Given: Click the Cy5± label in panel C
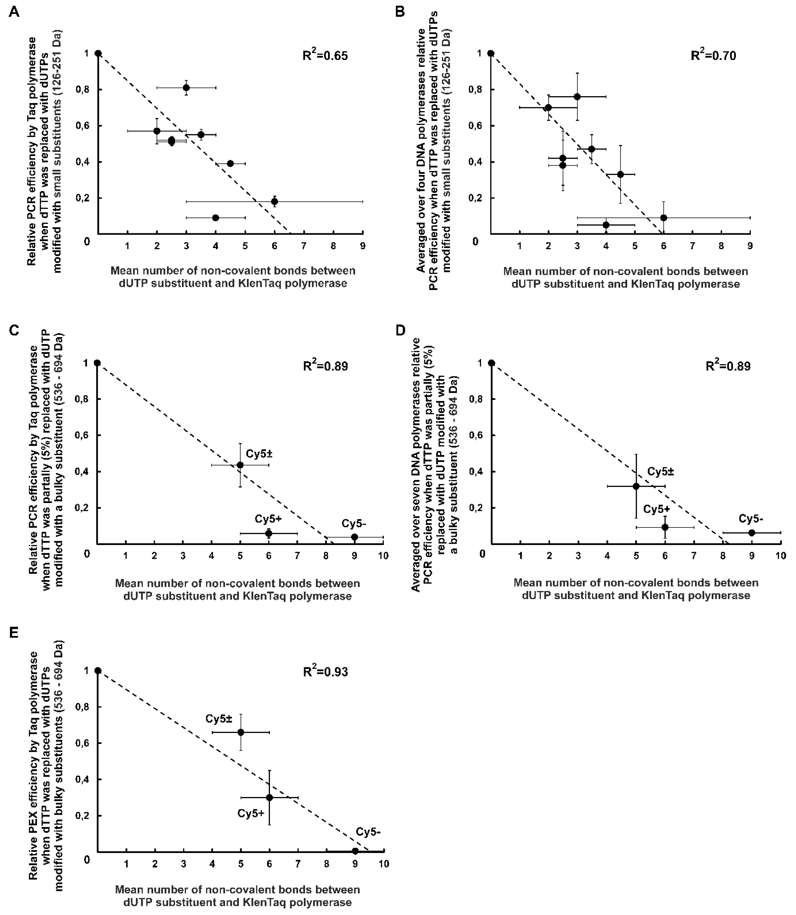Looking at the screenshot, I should point(259,454).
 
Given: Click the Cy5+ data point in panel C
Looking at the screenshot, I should point(268,533).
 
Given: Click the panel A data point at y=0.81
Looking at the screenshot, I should point(186,88).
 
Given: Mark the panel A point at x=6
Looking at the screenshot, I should point(275,201).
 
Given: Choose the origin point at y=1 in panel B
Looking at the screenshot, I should point(491,53).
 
